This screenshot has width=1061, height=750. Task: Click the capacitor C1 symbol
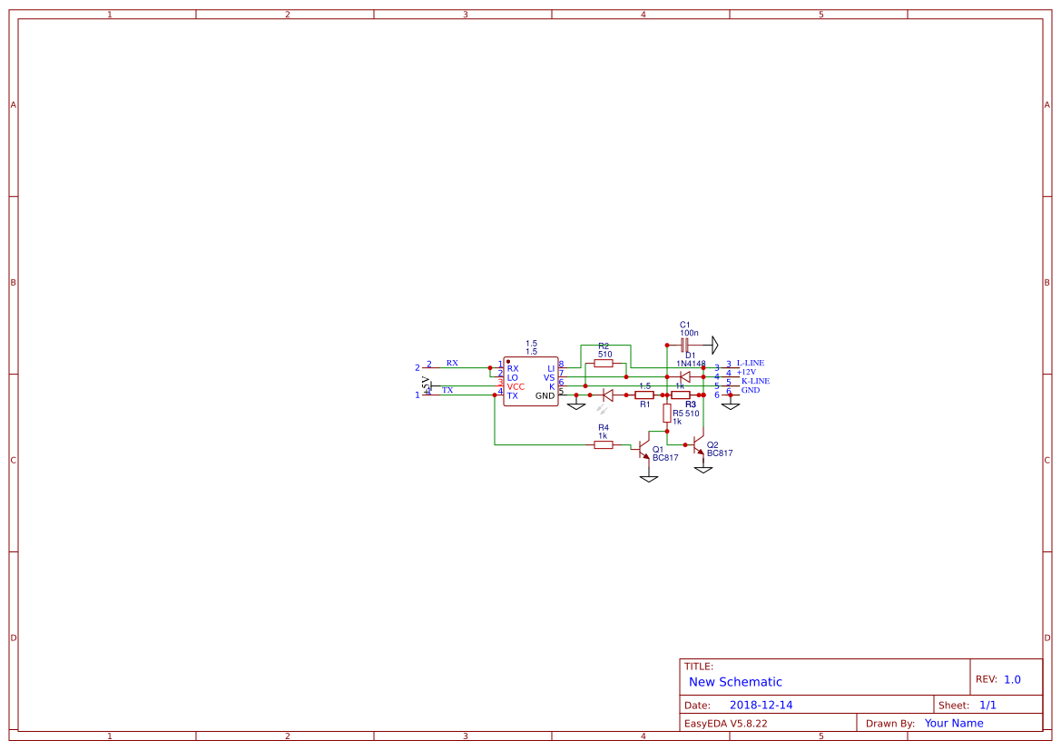[x=684, y=345]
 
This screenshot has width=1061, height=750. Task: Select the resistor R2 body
[x=604, y=364]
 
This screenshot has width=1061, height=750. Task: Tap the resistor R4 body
[x=604, y=444]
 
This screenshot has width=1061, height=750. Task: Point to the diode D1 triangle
[x=685, y=377]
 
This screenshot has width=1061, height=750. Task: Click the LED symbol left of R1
[x=608, y=395]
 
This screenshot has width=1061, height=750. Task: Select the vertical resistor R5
[x=667, y=414]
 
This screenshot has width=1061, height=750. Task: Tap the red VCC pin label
[x=516, y=386]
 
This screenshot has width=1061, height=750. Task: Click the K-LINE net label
[x=755, y=381]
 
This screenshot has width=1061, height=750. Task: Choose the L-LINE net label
[x=750, y=363]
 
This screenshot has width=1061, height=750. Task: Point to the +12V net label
[x=746, y=372]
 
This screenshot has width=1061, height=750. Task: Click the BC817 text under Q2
[x=720, y=453]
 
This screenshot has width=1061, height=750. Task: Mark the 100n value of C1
[x=689, y=333]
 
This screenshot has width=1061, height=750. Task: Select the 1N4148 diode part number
[x=691, y=363]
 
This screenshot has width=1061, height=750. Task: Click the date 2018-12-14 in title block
[x=761, y=706]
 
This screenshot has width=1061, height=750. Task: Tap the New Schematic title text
[x=735, y=682]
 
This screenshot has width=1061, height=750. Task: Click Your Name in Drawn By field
[x=954, y=724]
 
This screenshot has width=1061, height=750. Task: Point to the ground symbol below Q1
[x=648, y=477]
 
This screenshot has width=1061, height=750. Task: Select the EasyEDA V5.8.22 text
[x=725, y=724]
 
